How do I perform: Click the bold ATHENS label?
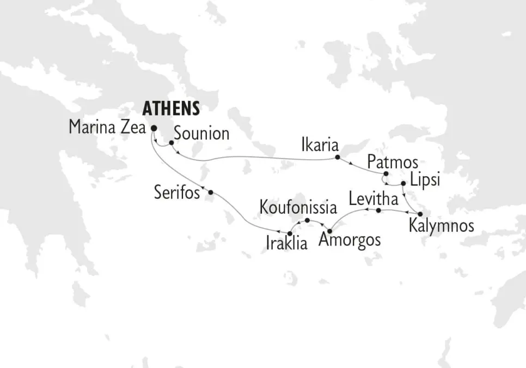[x=171, y=108]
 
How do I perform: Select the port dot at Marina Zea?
[x=153, y=129]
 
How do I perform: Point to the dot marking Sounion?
[x=171, y=143]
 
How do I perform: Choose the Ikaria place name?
[x=320, y=146]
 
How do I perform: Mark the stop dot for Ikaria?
[x=337, y=158]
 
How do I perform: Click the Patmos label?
[x=393, y=162]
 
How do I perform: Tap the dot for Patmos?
[x=386, y=174]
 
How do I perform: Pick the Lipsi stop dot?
[x=403, y=183]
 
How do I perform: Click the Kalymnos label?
[x=442, y=226]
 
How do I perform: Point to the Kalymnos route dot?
[x=420, y=214]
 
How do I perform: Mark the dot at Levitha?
[x=378, y=210]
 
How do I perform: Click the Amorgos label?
[x=350, y=240]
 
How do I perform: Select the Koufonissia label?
[x=295, y=207]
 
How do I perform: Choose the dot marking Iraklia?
[x=290, y=233]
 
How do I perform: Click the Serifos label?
[x=178, y=192]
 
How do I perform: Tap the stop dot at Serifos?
[x=211, y=192]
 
